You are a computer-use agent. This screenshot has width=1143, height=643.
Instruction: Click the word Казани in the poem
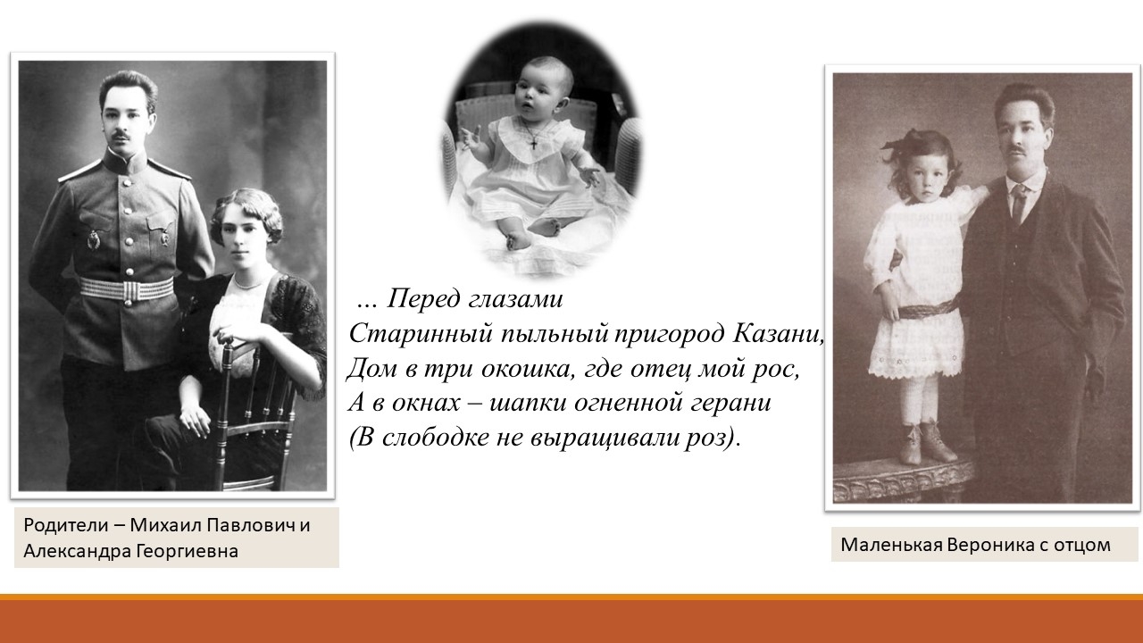pos(778,334)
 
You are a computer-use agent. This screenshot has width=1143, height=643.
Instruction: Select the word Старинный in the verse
pos(421,335)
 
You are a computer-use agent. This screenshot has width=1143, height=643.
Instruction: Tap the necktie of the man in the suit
pos(1019,205)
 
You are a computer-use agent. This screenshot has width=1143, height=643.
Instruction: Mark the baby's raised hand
pos(471,138)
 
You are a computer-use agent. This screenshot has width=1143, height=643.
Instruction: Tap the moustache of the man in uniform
pos(121,135)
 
